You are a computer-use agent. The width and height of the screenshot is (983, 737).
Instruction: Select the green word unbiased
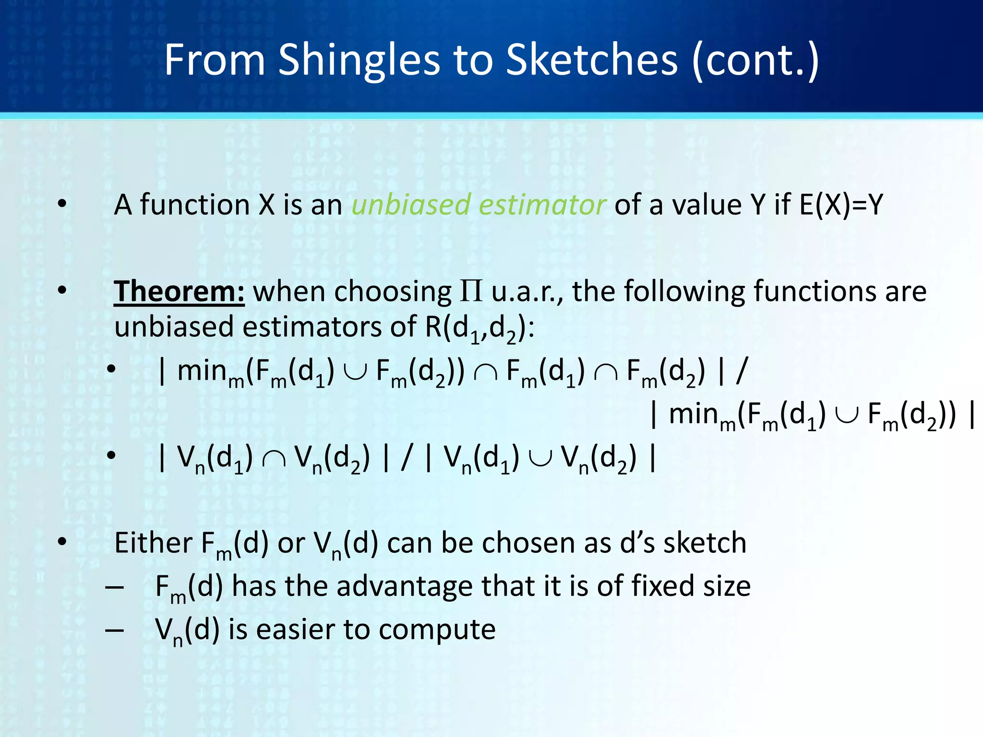click(x=410, y=205)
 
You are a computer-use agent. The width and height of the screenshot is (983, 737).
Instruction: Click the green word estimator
click(x=542, y=205)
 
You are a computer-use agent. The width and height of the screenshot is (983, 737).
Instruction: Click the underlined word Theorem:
click(x=179, y=291)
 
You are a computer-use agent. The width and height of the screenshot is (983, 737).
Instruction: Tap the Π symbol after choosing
click(x=471, y=291)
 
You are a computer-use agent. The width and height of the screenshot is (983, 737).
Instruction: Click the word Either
click(x=153, y=543)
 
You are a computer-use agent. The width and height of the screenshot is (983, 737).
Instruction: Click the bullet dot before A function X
click(x=62, y=205)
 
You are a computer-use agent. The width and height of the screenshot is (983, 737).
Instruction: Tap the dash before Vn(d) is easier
click(x=115, y=630)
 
